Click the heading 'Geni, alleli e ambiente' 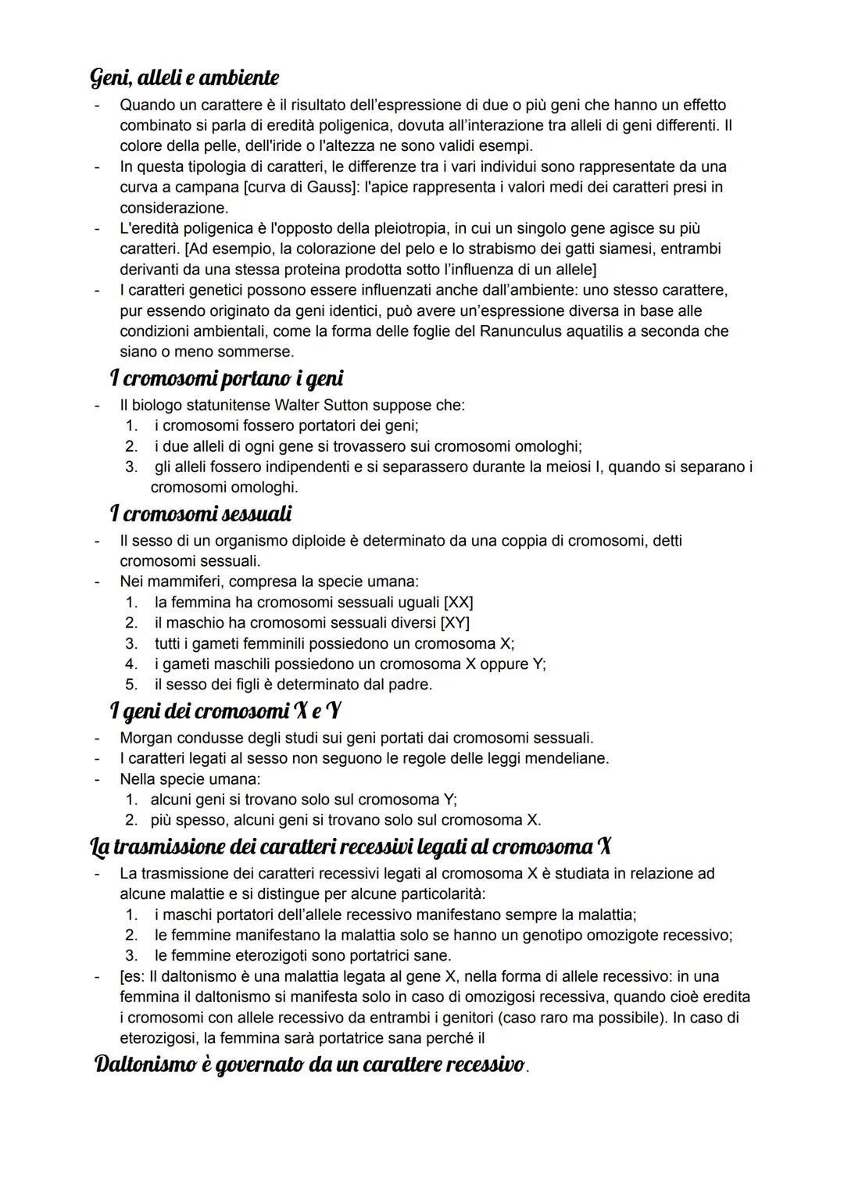pyautogui.click(x=184, y=77)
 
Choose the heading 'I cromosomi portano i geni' pyautogui.click(x=227, y=378)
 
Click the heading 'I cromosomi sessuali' pyautogui.click(x=201, y=514)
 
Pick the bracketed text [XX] pyautogui.click(x=458, y=603)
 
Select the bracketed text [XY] pyautogui.click(x=455, y=623)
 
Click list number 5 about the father pyautogui.click(x=132, y=685)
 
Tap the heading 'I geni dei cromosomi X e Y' pyautogui.click(x=227, y=711)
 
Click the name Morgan pyautogui.click(x=145, y=738)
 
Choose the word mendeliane pyautogui.click(x=567, y=758)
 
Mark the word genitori pyautogui.click(x=464, y=1018)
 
